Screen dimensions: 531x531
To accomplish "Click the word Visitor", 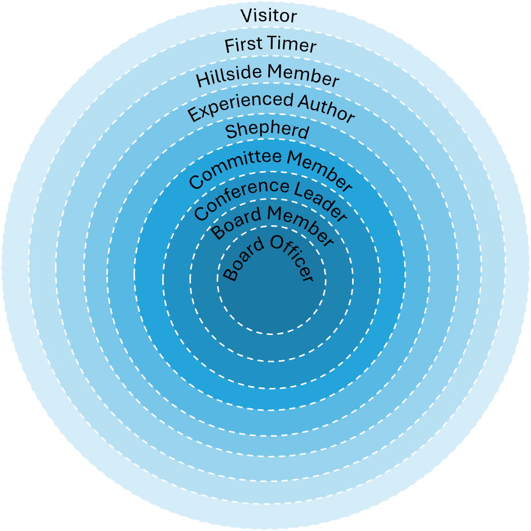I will click(x=269, y=16).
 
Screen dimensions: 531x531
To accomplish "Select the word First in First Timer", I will click(x=242, y=45).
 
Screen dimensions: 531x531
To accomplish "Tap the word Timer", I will click(x=292, y=44).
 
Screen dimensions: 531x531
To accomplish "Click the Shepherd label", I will click(x=267, y=131).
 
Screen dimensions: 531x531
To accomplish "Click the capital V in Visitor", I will click(x=246, y=16).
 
